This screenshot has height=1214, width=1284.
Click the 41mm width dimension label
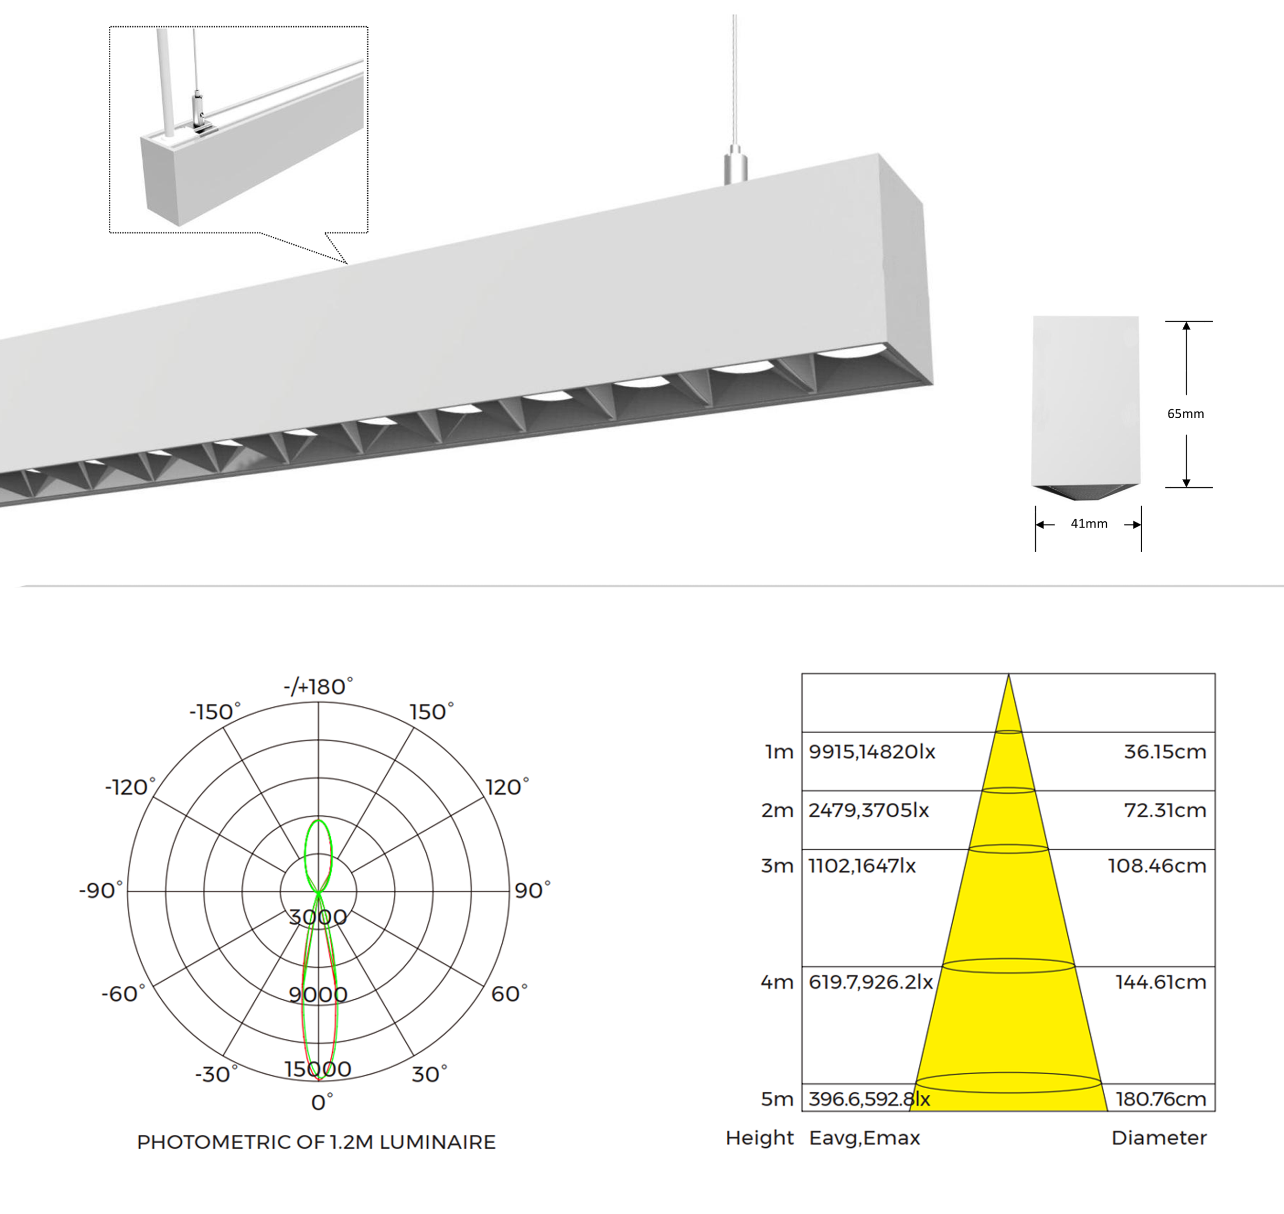point(1089,524)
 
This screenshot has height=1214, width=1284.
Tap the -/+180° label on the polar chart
point(318,686)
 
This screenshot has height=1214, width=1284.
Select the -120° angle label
point(130,787)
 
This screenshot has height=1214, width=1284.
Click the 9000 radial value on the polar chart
point(318,994)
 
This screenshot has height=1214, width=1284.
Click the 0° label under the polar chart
point(322,1102)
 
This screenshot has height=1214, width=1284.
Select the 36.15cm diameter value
point(1165,751)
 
